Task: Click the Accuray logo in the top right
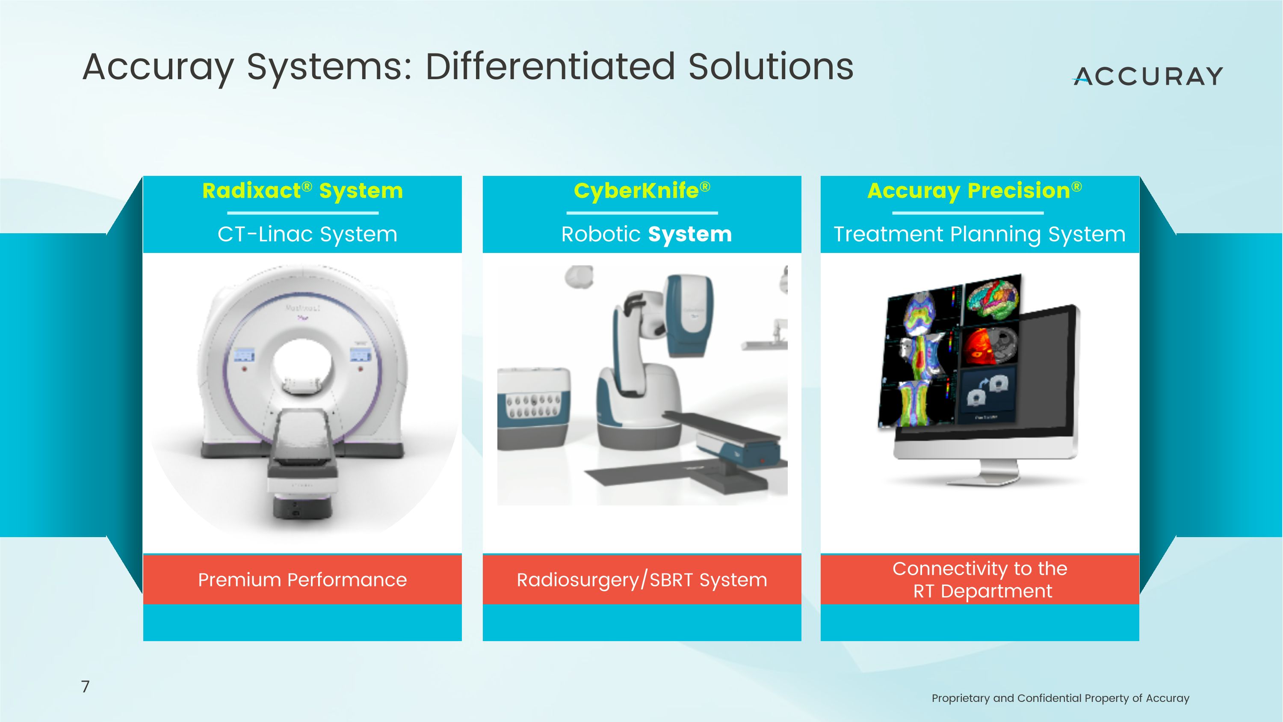(x=1148, y=76)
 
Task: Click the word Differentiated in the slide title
(x=551, y=67)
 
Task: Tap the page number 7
(x=85, y=686)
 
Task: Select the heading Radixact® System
(x=302, y=191)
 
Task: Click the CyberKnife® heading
(x=641, y=191)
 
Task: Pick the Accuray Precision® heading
(x=974, y=191)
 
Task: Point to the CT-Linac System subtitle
(x=307, y=234)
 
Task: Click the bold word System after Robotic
(x=690, y=234)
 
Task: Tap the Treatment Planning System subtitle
(x=979, y=234)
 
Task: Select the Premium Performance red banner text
(x=302, y=580)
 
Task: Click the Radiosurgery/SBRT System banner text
(x=641, y=580)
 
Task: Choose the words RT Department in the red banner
(x=982, y=591)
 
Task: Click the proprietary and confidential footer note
(x=1060, y=698)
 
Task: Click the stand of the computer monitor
(x=999, y=471)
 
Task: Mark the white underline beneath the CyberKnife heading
(x=641, y=213)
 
